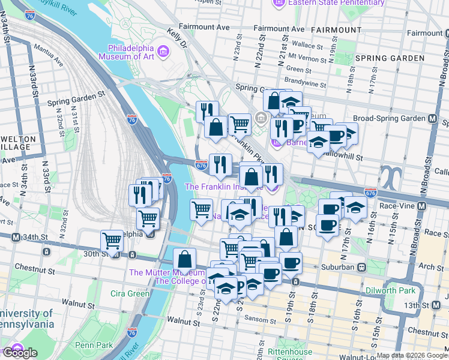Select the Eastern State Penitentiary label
click(328, 4)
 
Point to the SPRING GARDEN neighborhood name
click(394, 58)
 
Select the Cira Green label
click(130, 293)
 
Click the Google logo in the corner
click(19, 353)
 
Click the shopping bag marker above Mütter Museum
click(185, 259)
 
